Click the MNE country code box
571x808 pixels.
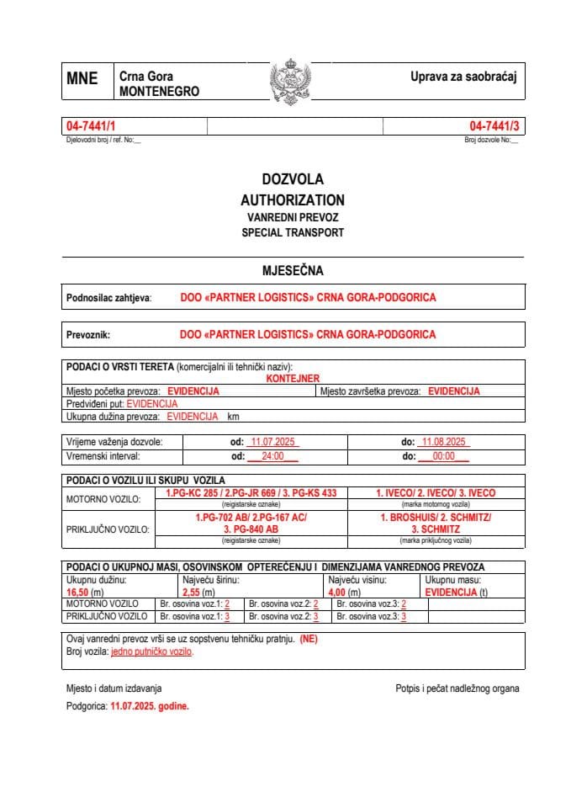[x=82, y=79]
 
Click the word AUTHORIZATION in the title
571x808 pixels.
[x=292, y=200]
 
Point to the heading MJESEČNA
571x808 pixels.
[x=293, y=271]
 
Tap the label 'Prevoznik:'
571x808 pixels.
[x=88, y=335]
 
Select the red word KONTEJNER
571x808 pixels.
[x=293, y=380]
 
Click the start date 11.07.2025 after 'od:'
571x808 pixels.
[x=270, y=442]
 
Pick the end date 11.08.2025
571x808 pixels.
[x=446, y=442]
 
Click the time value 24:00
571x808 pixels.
[x=272, y=456]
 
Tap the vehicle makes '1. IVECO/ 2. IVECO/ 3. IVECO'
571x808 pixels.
[x=435, y=492]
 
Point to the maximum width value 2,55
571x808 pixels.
[x=192, y=593]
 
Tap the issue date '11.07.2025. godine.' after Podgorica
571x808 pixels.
[x=150, y=707]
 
